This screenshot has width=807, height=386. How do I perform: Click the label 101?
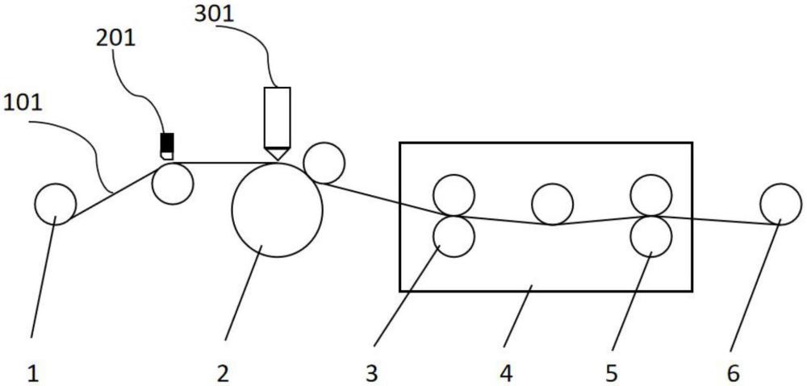tap(25, 103)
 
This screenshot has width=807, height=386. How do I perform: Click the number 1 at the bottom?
tap(32, 372)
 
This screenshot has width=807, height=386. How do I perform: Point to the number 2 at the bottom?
tap(223, 372)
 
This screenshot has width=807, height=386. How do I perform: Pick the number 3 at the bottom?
tap(370, 372)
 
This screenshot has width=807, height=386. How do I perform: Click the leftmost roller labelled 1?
tap(56, 204)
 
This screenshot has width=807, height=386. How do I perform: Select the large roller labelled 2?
tap(277, 210)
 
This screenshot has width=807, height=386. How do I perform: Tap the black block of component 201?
tap(167, 142)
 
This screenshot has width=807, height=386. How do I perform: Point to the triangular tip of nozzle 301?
tap(277, 153)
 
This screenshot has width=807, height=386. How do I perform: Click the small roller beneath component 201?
tap(173, 184)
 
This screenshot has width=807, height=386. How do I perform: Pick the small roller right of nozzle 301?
tap(324, 163)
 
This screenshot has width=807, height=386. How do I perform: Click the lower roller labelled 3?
tap(454, 236)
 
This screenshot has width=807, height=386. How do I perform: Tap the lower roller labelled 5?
tap(650, 236)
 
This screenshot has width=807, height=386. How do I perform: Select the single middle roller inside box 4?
tap(553, 204)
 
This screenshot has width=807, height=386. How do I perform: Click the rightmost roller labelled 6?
tap(780, 204)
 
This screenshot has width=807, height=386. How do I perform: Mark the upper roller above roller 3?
tap(454, 195)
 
